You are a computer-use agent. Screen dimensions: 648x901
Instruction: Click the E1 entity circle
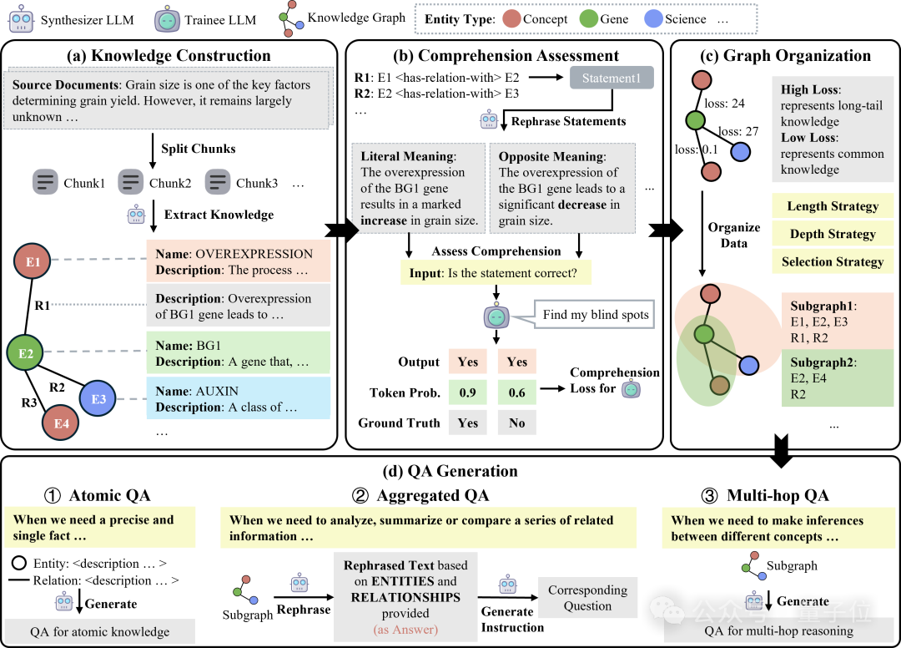pos(32,261)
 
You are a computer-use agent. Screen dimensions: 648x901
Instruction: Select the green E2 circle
pos(26,353)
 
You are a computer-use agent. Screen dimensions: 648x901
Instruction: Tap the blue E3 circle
pos(98,398)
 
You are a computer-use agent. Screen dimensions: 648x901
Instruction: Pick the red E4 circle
pos(61,423)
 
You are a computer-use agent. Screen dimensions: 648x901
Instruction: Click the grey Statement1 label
pos(612,78)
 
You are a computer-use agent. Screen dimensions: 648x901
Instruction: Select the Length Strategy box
pos(833,206)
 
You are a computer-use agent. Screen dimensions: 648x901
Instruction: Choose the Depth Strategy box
pos(833,234)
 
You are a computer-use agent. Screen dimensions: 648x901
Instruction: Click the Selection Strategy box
pos(833,261)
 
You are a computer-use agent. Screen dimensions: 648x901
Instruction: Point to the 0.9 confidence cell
pos(467,392)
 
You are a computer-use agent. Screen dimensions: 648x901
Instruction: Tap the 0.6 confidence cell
pos(517,392)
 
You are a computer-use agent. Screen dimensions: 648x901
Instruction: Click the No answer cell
pos(517,423)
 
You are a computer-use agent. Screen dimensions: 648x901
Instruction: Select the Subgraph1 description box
pos(837,321)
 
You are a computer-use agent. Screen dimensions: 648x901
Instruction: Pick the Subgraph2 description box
pos(837,378)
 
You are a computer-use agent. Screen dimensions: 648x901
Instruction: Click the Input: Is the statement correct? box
pos(496,273)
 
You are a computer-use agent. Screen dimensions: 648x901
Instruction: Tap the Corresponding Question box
pos(587,598)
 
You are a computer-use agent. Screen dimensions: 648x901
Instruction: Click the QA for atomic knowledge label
pos(99,631)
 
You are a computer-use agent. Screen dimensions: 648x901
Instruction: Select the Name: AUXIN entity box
pos(238,398)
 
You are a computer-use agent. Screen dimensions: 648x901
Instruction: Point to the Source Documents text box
pos(167,100)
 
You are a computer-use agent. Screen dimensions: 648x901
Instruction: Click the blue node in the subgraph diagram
pos(748,365)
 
